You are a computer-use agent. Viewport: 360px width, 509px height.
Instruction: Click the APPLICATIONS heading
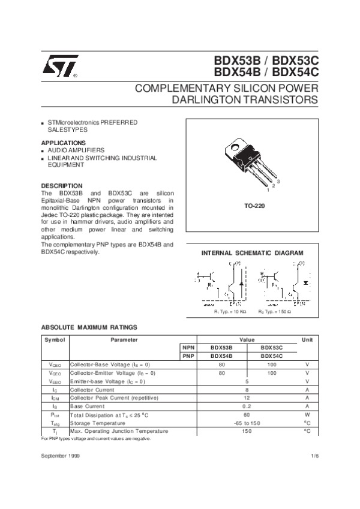pyautogui.click(x=62, y=142)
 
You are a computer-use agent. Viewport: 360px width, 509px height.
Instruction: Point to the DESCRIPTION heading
pyautogui.click(x=61, y=186)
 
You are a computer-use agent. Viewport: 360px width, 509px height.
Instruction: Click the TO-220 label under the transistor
pyautogui.click(x=255, y=206)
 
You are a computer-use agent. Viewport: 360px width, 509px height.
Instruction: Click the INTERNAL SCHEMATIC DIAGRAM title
pyautogui.click(x=255, y=253)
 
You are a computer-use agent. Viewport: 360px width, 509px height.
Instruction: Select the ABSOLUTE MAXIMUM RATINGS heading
pyautogui.click(x=89, y=327)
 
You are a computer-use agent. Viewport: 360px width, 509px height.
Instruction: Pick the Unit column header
pyautogui.click(x=307, y=340)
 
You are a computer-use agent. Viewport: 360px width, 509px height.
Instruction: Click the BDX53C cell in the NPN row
pyautogui.click(x=272, y=348)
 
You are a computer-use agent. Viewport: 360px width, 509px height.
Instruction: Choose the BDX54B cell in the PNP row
pyautogui.click(x=221, y=356)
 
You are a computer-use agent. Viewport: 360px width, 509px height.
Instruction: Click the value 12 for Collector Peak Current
pyautogui.click(x=246, y=397)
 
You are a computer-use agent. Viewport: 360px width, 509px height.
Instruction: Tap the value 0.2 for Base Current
pyautogui.click(x=246, y=406)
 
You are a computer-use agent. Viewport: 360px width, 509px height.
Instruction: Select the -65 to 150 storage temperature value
pyautogui.click(x=246, y=423)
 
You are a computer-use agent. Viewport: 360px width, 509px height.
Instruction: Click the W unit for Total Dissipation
pyautogui.click(x=307, y=414)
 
